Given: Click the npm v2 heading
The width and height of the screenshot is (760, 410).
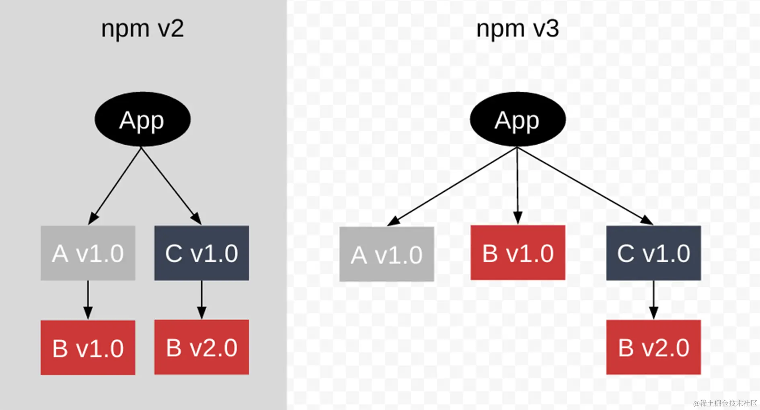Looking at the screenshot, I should pos(142,29).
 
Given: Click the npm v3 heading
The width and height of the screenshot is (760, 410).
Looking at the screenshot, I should pos(518,29).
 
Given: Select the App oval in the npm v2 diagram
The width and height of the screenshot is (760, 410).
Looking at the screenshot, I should pos(142,119).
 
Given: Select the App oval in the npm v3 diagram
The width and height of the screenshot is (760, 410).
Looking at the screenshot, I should pos(518,119).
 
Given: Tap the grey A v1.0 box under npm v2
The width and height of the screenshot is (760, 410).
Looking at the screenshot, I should pos(88,253).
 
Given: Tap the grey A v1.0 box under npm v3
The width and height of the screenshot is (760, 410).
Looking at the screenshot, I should pos(386,254).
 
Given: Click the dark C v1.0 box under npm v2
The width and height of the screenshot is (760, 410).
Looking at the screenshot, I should pos(201,253).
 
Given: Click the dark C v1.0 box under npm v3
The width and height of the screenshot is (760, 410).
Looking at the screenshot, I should pos(653,253).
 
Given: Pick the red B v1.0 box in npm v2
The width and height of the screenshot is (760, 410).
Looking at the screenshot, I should pos(88,348).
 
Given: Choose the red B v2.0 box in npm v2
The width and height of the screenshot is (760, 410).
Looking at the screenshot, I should pos(201,347).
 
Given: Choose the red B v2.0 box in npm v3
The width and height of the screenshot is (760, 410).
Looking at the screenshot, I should pos(653,347).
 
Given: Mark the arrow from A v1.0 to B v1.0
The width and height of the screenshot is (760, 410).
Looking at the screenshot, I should pos(88,299).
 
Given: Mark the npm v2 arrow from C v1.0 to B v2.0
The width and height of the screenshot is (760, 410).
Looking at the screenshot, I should pos(201,299).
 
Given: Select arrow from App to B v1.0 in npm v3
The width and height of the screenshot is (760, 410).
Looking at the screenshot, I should pos(518,185).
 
